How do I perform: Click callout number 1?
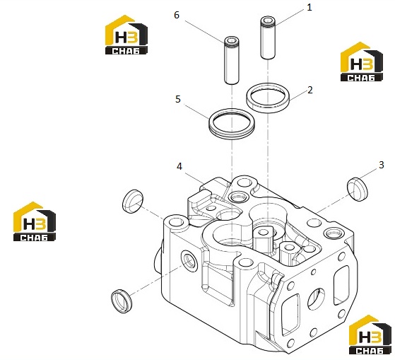click(x=309, y=8)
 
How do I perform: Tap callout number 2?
click(x=310, y=90)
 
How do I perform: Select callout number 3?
click(x=382, y=165)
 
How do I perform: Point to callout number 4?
click(x=179, y=166)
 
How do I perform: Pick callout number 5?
click(x=178, y=99)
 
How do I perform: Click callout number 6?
click(x=177, y=15)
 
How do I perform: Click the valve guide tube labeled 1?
click(x=268, y=37)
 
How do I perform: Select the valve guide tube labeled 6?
click(x=232, y=61)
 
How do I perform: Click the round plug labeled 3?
click(x=358, y=189)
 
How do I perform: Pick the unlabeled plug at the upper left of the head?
click(x=133, y=201)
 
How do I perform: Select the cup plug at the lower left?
click(x=122, y=301)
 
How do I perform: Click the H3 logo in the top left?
click(x=126, y=35)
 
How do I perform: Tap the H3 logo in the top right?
click(x=362, y=62)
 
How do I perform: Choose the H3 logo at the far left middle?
click(x=35, y=221)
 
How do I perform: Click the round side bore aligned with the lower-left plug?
click(x=189, y=261)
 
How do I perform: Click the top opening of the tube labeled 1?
click(x=268, y=21)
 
